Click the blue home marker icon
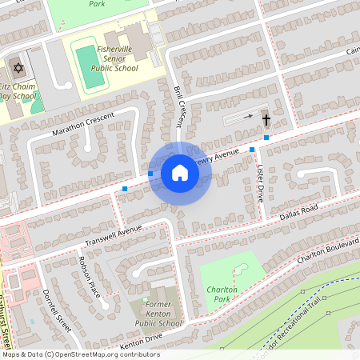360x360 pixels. coord(180,173)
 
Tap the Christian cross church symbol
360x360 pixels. coord(266,119)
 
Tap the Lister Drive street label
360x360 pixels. coord(260,183)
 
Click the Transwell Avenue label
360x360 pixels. coord(113,234)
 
